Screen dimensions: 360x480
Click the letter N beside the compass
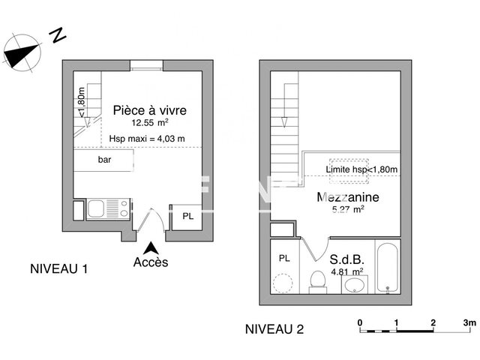[x=56, y=34]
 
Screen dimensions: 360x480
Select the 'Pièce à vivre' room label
[x=149, y=111]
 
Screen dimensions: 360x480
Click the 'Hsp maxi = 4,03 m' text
[x=147, y=137]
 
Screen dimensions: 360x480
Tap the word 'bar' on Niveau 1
[x=104, y=160]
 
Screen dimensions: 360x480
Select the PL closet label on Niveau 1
[x=187, y=216]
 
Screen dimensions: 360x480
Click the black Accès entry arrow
[x=151, y=247]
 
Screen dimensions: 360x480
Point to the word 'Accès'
[x=151, y=262]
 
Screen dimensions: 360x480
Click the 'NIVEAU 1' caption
[x=59, y=268]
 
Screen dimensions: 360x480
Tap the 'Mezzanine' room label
[x=348, y=198]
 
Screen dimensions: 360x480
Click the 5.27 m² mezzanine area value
[x=348, y=211]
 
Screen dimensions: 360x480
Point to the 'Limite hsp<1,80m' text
[x=361, y=171]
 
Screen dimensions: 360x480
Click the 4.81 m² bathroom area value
[x=346, y=271]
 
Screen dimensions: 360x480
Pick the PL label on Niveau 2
[x=284, y=258]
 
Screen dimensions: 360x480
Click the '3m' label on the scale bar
[x=469, y=322]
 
